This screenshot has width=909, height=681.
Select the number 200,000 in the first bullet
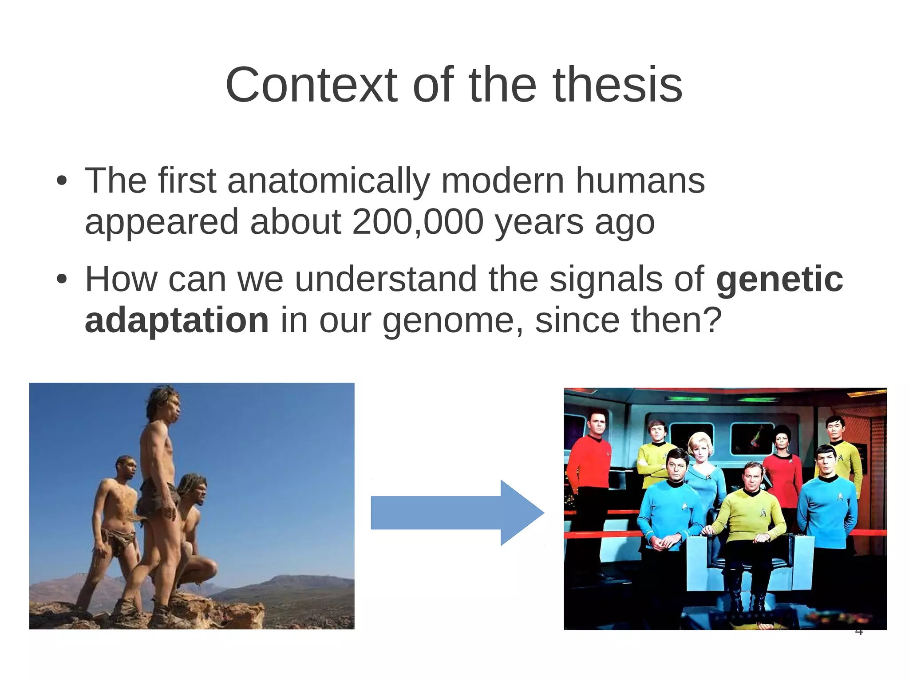[417, 221]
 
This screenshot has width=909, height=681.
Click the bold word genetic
[779, 279]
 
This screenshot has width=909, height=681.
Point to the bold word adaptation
[177, 320]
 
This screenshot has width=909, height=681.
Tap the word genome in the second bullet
[447, 321]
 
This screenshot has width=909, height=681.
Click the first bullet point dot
[62, 181]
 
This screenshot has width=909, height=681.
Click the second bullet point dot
[62, 280]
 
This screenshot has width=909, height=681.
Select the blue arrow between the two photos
[457, 512]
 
